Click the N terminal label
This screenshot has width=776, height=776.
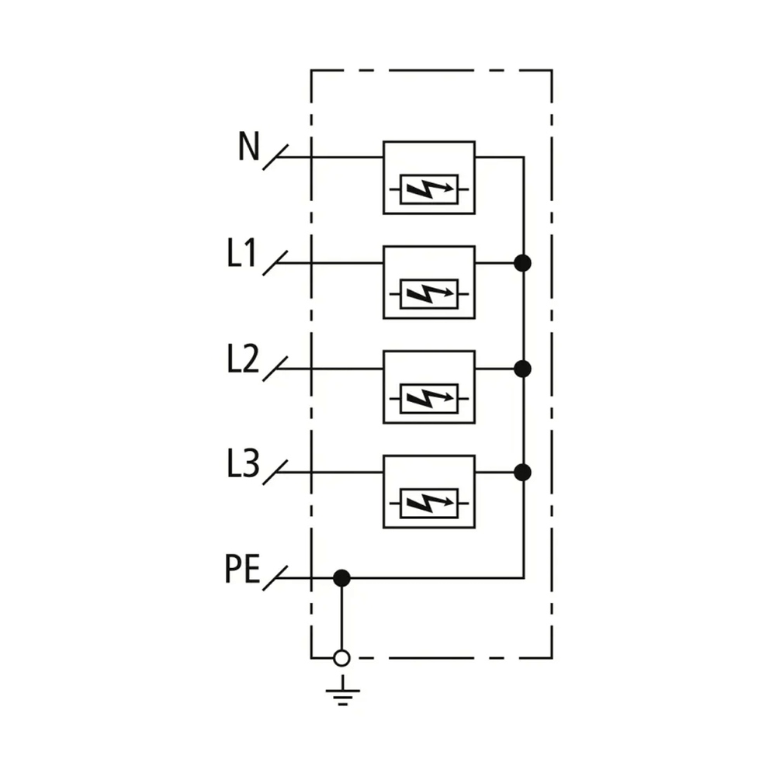pyautogui.click(x=248, y=146)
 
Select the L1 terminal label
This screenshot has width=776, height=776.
pyautogui.click(x=242, y=252)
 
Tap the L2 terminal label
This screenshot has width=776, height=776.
pyautogui.click(x=243, y=359)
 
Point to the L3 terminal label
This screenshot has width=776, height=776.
pyautogui.click(x=243, y=463)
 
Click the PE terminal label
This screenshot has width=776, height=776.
pyautogui.click(x=242, y=569)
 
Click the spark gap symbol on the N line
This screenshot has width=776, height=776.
pyautogui.click(x=429, y=189)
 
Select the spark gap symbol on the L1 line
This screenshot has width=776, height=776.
pyautogui.click(x=429, y=294)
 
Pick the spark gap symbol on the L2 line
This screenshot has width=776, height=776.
pyautogui.click(x=429, y=398)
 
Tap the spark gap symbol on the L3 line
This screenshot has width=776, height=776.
pyautogui.click(x=429, y=504)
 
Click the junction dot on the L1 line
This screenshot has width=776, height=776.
pyautogui.click(x=522, y=263)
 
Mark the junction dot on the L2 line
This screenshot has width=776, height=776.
pyautogui.click(x=522, y=369)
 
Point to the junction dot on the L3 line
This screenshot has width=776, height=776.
pyautogui.click(x=522, y=473)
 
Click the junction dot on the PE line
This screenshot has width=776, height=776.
pyautogui.click(x=342, y=577)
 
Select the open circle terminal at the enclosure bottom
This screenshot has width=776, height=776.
pyautogui.click(x=342, y=658)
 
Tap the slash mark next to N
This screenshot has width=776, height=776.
pyautogui.click(x=275, y=158)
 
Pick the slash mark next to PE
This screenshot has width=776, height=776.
pyautogui.click(x=275, y=577)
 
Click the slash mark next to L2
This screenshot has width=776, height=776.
pyautogui.click(x=275, y=369)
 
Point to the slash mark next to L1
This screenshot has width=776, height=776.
pyautogui.click(x=275, y=263)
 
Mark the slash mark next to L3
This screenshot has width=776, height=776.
pyautogui.click(x=275, y=473)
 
